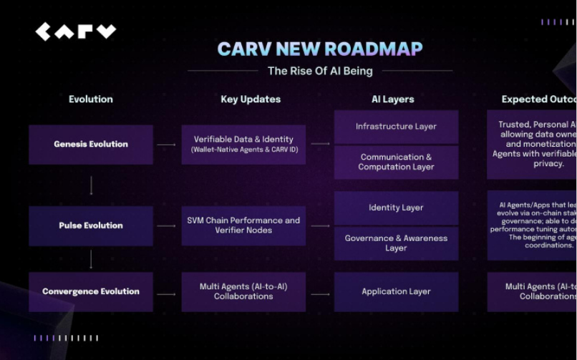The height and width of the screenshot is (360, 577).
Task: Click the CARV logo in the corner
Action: coord(75,31)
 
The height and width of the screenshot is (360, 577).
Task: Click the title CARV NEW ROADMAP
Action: coord(319,49)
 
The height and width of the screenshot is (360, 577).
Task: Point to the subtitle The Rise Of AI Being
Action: coord(319,71)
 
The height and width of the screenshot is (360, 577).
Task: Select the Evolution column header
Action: coord(91,99)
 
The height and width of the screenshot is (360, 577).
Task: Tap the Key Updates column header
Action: coord(251,99)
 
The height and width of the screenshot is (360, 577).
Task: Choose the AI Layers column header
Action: coord(392,99)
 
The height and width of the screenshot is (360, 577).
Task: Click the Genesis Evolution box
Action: coord(91,145)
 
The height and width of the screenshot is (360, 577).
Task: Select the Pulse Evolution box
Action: coord(91,225)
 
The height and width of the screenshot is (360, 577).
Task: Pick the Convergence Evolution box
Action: coord(91,292)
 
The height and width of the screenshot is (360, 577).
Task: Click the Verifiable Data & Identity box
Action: coord(243,145)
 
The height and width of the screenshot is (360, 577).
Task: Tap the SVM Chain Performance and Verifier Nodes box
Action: coord(243,225)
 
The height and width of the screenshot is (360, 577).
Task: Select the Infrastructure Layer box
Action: coord(396,127)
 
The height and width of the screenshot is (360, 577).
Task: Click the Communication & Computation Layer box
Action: coord(396,162)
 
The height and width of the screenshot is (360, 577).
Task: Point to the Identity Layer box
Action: coord(396,208)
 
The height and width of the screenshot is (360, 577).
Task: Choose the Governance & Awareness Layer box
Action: coord(396,243)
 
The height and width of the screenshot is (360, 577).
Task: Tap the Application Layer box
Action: coord(396,292)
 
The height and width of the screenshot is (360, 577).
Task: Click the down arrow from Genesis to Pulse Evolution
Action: coord(91,185)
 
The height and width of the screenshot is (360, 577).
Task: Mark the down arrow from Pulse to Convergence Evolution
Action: coord(91,258)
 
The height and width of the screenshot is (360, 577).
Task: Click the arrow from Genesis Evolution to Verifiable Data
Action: coord(167,145)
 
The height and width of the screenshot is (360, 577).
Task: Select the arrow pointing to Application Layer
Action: coord(320,293)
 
